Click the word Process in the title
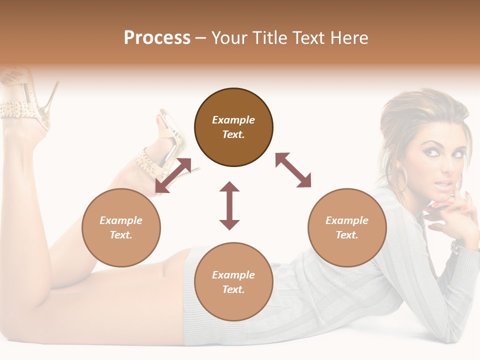(x=157, y=38)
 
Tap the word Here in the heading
(x=349, y=38)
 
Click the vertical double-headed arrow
(x=229, y=205)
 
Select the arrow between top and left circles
(x=173, y=175)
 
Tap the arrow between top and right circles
(x=293, y=170)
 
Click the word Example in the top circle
(x=233, y=120)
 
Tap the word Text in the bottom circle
(x=233, y=289)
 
